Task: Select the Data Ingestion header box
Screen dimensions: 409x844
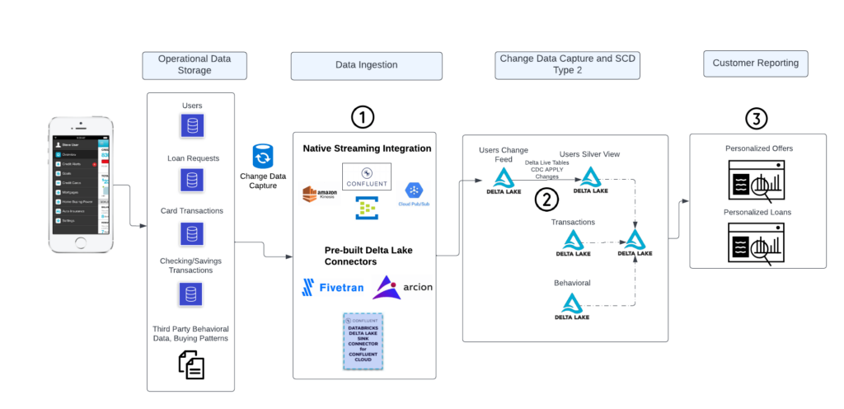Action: point(366,65)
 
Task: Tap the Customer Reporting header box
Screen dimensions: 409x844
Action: point(755,63)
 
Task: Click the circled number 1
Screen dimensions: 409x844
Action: point(363,117)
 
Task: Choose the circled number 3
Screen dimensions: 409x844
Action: point(757,119)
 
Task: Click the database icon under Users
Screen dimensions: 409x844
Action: point(191,125)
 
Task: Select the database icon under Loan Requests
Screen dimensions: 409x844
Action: point(191,180)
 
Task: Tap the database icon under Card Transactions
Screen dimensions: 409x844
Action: point(191,233)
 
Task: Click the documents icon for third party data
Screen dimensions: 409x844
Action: point(191,364)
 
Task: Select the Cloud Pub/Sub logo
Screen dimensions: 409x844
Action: point(415,194)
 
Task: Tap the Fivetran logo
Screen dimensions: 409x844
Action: point(332,287)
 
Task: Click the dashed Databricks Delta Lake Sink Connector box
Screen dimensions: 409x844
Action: point(363,340)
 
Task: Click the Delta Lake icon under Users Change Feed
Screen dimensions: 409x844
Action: point(504,181)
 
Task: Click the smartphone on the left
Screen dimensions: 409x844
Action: point(79,185)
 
